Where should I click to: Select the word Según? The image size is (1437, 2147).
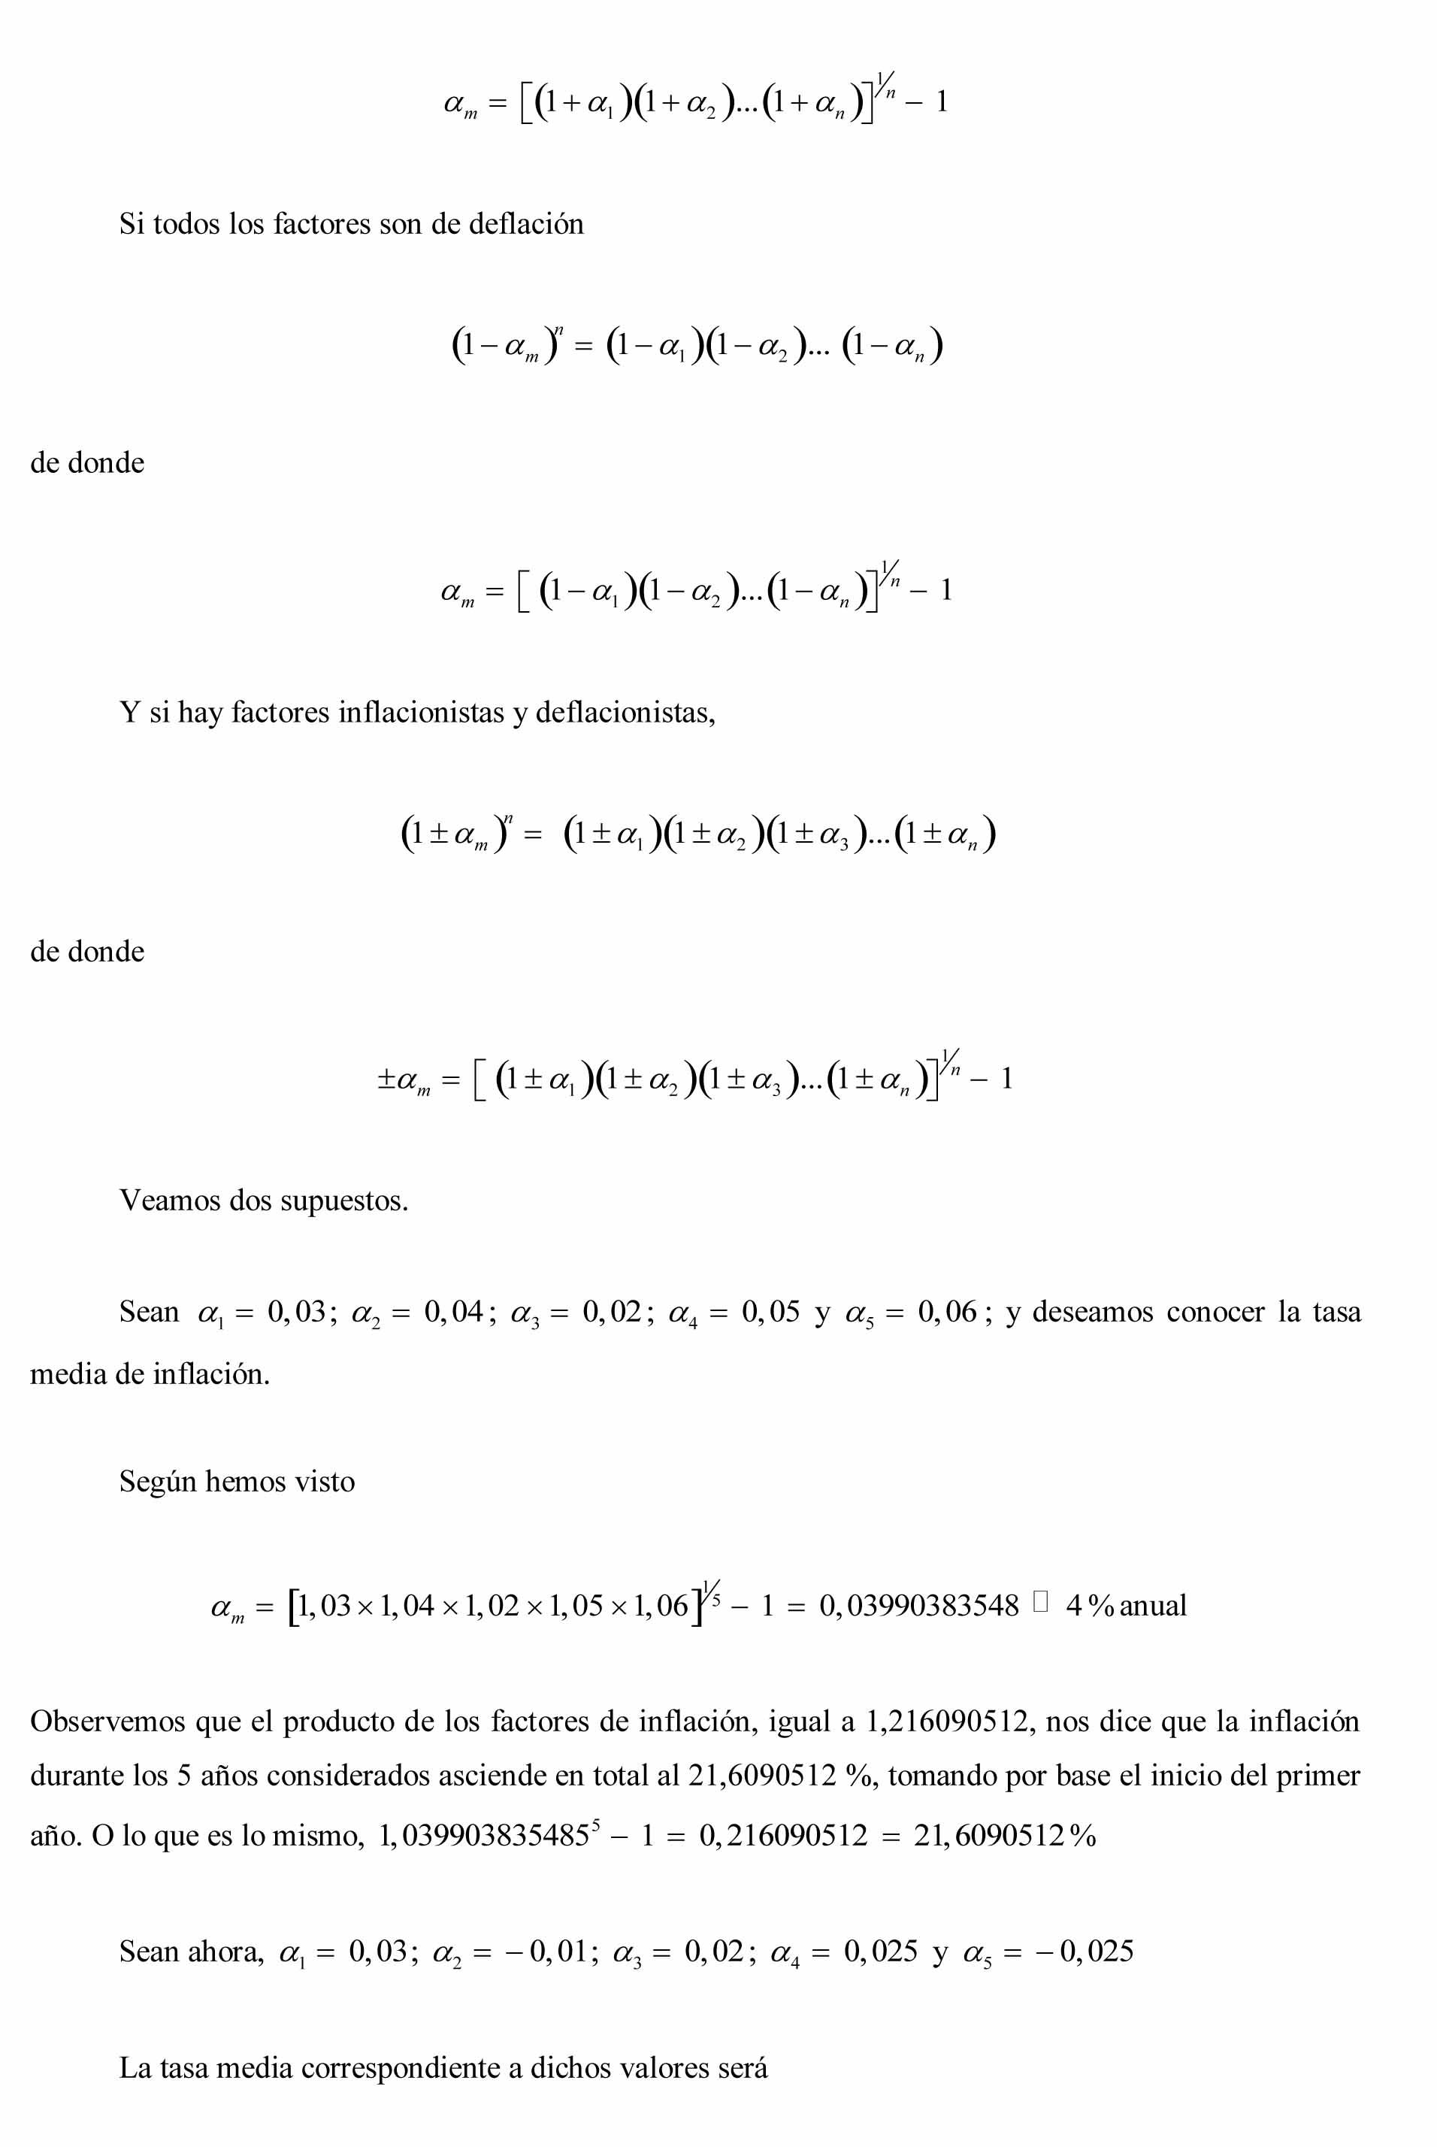point(157,1482)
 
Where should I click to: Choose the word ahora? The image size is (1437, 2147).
point(225,1952)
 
